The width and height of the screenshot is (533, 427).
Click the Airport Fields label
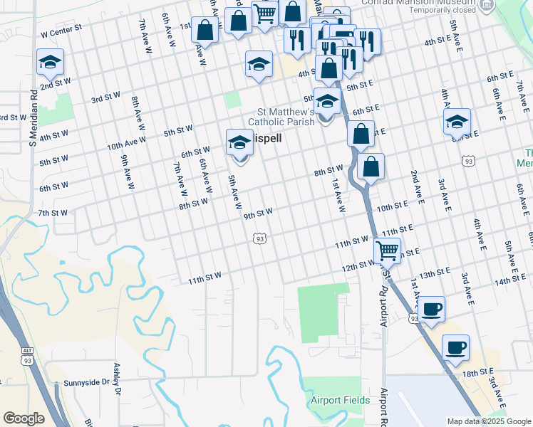tap(340, 400)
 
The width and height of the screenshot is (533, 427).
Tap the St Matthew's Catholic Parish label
tap(286, 117)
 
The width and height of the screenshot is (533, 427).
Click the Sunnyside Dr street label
tap(87, 383)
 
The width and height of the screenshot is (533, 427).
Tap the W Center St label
tap(62, 33)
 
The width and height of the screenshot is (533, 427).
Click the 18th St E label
tap(477, 372)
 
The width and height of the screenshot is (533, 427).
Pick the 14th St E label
tap(509, 281)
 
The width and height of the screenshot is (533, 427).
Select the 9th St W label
tap(258, 213)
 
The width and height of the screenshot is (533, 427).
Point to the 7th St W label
tap(53, 213)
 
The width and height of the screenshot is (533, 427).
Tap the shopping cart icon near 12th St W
tap(387, 250)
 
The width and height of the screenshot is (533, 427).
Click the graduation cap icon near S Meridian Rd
tap(50, 62)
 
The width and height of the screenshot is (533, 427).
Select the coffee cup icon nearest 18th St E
tap(455, 347)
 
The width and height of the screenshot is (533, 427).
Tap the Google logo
tap(24, 418)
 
